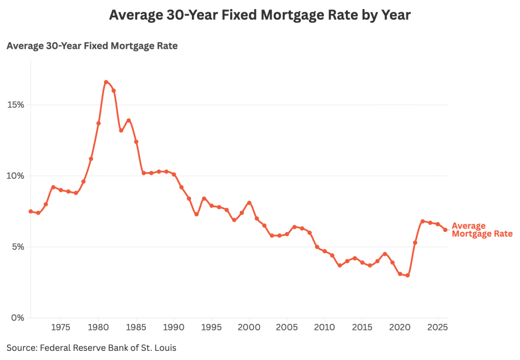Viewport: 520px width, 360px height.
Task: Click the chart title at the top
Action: pos(259,16)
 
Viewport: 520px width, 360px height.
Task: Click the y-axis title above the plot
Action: pos(92,46)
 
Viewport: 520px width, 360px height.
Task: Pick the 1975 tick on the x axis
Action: pos(61,325)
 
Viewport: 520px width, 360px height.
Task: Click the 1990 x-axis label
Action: pos(174,325)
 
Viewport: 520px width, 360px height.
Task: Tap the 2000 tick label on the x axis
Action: pos(249,325)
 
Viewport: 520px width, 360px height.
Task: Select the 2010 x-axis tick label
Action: pos(324,325)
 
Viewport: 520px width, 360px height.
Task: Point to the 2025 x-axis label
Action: pos(437,325)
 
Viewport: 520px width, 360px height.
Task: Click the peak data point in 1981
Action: pos(106,82)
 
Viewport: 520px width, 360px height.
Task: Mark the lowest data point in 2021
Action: pos(407,275)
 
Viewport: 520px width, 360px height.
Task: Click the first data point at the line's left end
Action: pos(30,211)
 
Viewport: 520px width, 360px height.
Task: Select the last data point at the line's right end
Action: pos(445,230)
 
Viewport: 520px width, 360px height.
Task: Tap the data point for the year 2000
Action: pos(249,203)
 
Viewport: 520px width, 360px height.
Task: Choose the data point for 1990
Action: pos(174,174)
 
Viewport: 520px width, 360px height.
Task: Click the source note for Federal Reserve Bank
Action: pos(91,348)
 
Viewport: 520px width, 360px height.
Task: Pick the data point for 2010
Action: pos(324,251)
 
